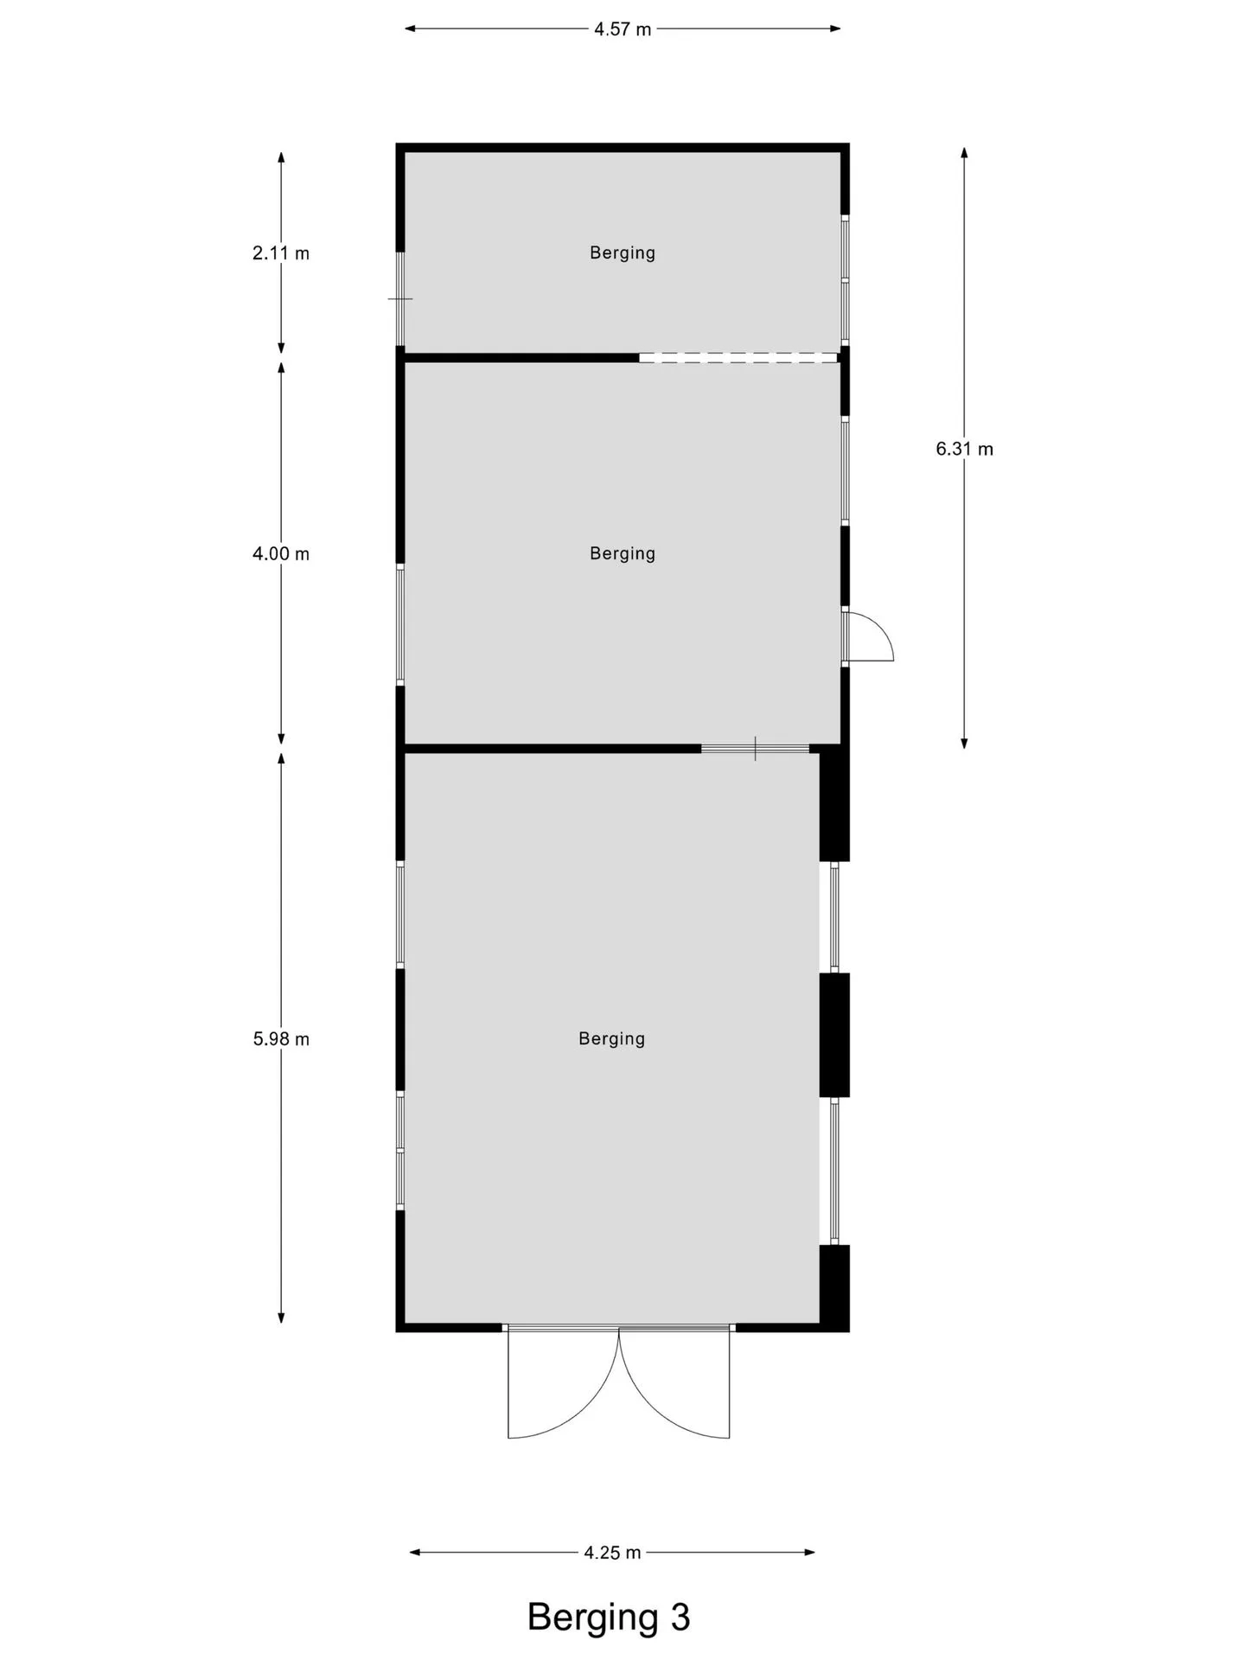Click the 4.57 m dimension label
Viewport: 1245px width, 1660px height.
tap(622, 29)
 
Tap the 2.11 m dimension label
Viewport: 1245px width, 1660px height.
tap(281, 253)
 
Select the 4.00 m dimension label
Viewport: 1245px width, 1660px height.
tap(281, 553)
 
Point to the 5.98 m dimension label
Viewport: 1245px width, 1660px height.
tap(281, 1039)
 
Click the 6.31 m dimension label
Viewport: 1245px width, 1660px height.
tap(964, 449)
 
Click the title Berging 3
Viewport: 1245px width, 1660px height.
tap(609, 1617)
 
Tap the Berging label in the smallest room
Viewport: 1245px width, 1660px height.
tap(622, 252)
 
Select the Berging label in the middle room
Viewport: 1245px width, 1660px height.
tap(622, 553)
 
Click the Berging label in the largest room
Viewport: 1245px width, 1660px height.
tap(612, 1038)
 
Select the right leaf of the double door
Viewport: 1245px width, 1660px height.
tap(674, 1383)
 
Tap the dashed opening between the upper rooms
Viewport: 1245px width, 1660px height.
tap(738, 358)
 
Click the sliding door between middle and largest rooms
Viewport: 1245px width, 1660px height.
tap(756, 749)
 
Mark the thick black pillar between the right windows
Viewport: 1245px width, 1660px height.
tap(834, 1035)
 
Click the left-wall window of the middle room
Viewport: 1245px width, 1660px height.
tap(400, 624)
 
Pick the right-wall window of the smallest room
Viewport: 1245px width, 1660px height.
tap(846, 280)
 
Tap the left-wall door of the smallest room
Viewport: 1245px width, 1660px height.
tap(400, 299)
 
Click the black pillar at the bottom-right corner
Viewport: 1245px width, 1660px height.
tap(834, 1288)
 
